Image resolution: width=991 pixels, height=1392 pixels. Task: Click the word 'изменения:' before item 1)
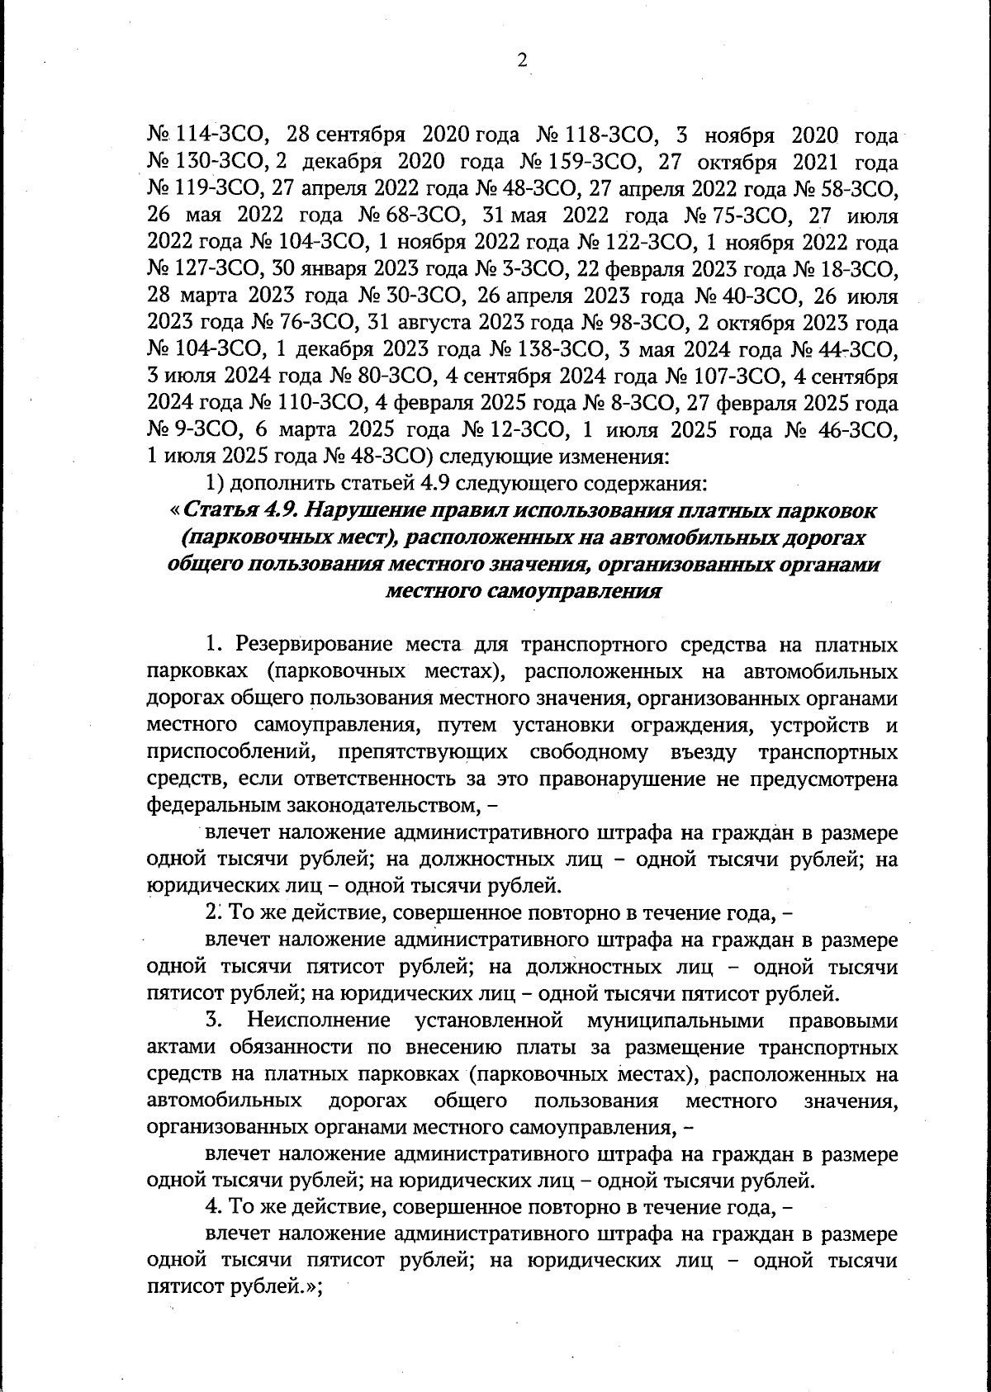point(608,457)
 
